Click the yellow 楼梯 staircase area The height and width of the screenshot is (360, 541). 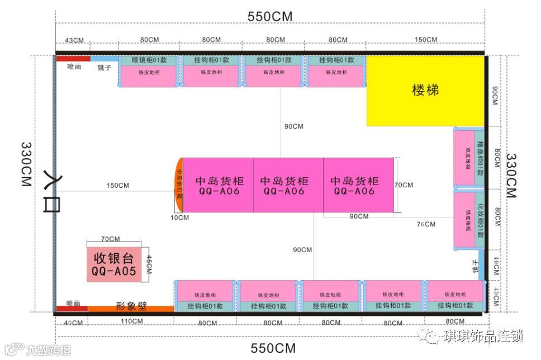point(425,91)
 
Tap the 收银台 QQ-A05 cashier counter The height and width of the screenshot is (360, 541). point(114,265)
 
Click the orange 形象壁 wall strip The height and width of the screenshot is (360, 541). point(131,308)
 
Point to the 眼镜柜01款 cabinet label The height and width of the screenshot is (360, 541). point(149,60)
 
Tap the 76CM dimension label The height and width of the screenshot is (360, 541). point(425,224)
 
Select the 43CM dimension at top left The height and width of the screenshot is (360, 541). point(74,40)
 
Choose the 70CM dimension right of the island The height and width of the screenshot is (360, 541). point(404,185)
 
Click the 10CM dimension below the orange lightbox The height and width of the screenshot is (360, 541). point(179,217)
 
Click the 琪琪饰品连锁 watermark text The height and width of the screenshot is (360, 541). point(483,337)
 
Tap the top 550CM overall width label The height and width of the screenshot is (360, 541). point(270,17)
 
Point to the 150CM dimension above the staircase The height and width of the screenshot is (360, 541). point(426,40)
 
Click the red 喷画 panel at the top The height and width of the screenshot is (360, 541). point(73,58)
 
